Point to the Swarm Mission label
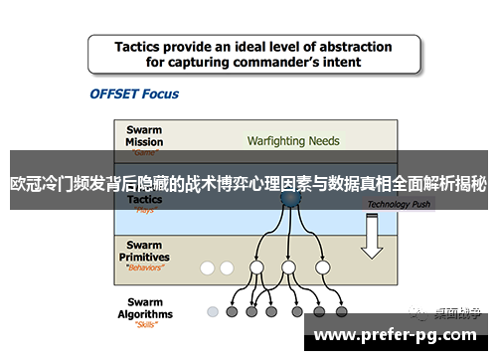144,134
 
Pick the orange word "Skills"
146,325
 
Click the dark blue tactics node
289,199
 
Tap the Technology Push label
399,204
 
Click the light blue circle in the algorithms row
213,312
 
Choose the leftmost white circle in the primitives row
208,268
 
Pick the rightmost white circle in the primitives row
322,268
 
